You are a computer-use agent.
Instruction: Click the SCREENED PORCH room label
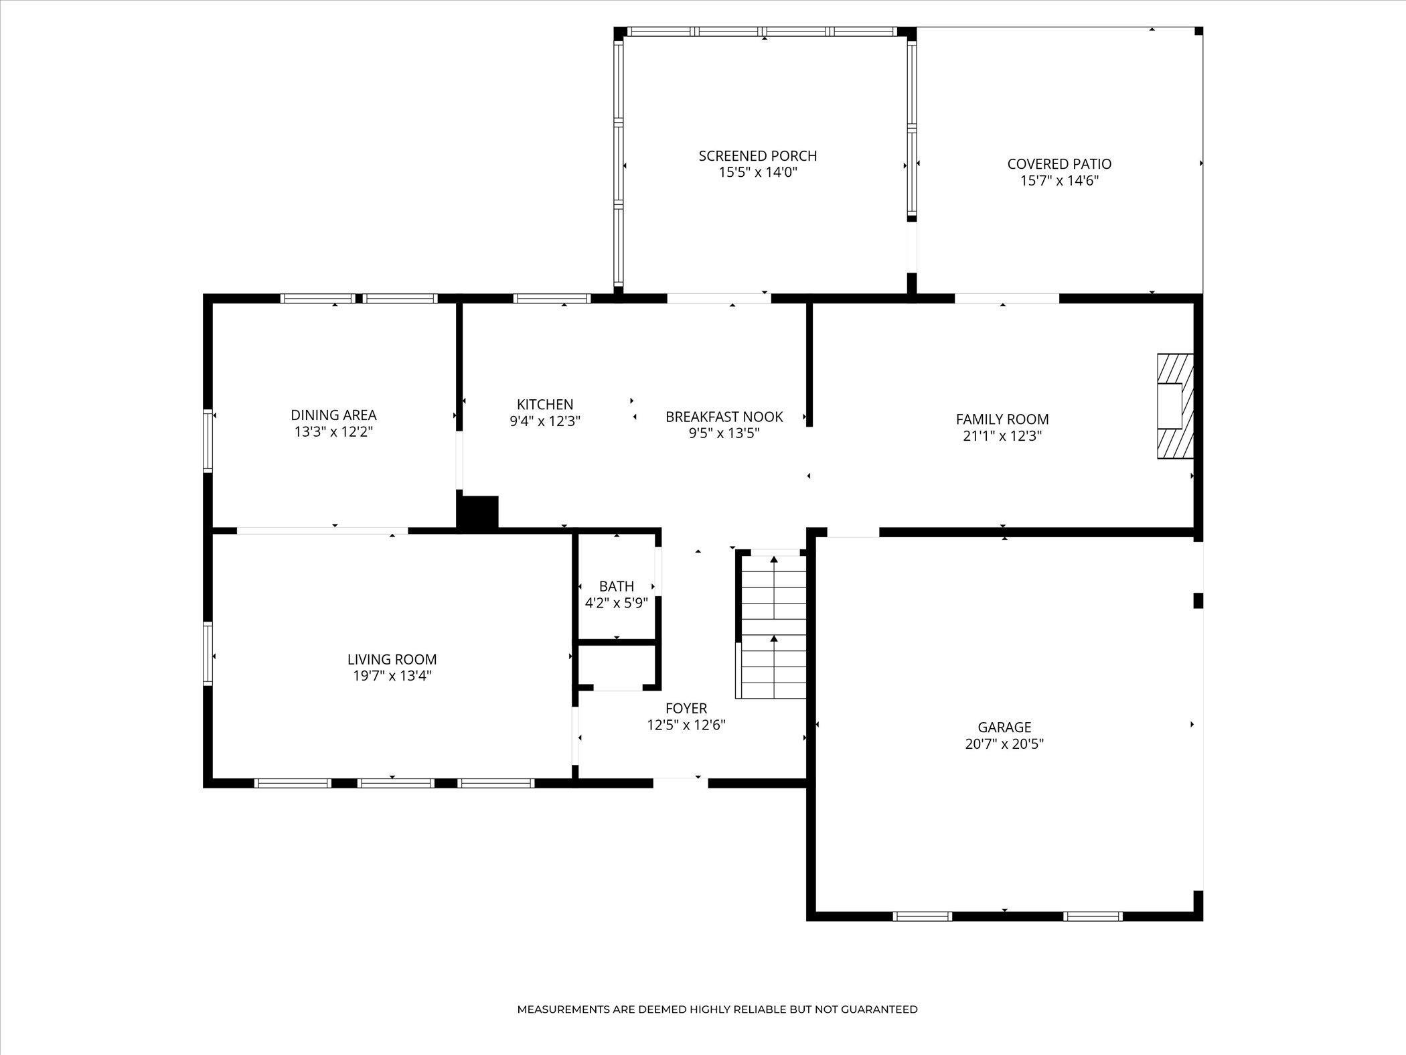(758, 156)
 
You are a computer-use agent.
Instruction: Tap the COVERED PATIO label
(1059, 164)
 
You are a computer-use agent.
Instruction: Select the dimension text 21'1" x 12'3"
(1002, 436)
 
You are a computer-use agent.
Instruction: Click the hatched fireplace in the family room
(1175, 406)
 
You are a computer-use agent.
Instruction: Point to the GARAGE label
(1004, 727)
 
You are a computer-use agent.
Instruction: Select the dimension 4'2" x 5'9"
(617, 603)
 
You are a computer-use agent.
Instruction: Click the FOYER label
(686, 709)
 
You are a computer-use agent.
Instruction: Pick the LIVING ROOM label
(392, 660)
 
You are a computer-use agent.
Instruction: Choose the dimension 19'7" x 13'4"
(392, 676)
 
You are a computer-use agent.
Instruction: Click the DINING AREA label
(333, 415)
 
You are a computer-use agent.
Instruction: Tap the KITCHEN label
(545, 405)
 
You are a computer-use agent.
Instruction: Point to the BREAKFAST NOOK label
(724, 417)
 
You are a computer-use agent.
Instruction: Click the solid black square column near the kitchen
(478, 513)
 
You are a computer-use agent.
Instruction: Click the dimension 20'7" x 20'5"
(1004, 744)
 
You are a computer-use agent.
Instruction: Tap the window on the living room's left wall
(208, 654)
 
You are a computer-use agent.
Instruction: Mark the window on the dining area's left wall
(208, 441)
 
